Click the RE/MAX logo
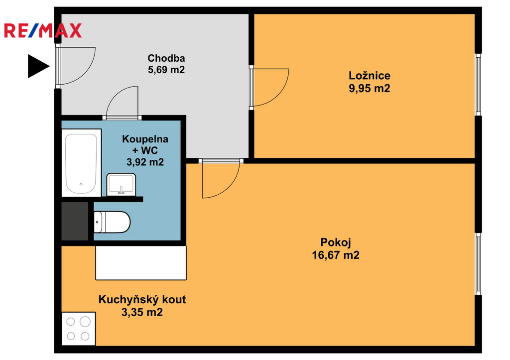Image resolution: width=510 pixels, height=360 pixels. [43, 30]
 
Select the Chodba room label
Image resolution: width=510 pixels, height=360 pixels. [166, 58]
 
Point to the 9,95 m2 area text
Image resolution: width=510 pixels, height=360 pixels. [369, 89]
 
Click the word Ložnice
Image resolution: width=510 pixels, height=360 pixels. [369, 76]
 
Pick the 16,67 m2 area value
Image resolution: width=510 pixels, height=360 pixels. [336, 255]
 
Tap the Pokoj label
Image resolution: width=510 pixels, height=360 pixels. [336, 242]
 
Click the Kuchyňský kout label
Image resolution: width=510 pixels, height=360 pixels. [142, 300]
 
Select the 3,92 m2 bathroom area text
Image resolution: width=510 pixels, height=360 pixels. [145, 162]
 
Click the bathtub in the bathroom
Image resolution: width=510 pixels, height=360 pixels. [81, 163]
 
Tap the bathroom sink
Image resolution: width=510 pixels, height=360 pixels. [121, 184]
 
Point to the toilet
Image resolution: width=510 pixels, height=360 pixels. [112, 222]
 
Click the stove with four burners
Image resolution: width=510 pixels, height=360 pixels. [78, 329]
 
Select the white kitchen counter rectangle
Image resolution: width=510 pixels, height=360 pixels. [141, 263]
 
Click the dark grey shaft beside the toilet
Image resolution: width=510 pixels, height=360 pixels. [75, 221]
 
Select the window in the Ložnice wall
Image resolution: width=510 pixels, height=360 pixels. [478, 85]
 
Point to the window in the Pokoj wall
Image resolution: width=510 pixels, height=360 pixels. [478, 264]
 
